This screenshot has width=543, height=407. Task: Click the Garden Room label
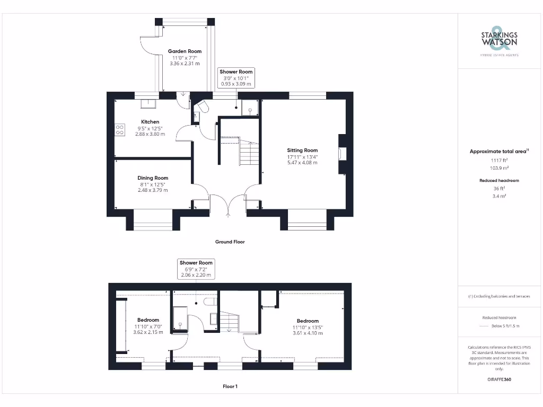(x=185, y=51)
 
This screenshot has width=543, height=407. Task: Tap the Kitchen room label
(x=150, y=122)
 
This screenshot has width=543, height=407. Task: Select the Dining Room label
(x=153, y=178)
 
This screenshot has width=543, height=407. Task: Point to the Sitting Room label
(x=302, y=151)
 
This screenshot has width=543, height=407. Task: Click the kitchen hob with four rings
(x=119, y=130)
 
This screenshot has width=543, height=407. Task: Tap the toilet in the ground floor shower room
(x=202, y=108)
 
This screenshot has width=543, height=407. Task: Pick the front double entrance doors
(x=229, y=205)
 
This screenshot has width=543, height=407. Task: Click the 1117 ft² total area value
(x=499, y=160)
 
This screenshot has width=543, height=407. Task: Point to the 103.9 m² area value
(x=499, y=167)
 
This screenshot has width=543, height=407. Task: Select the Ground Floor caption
(x=230, y=242)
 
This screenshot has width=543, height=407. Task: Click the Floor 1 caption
(x=230, y=387)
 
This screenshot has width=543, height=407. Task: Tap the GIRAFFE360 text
(x=499, y=379)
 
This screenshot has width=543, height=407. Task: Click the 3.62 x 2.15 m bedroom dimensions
(x=148, y=332)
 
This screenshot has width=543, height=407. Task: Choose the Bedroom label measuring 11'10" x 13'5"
(x=308, y=321)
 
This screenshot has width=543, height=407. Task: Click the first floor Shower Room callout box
(x=196, y=269)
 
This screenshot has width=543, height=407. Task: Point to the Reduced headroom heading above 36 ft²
(x=499, y=181)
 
